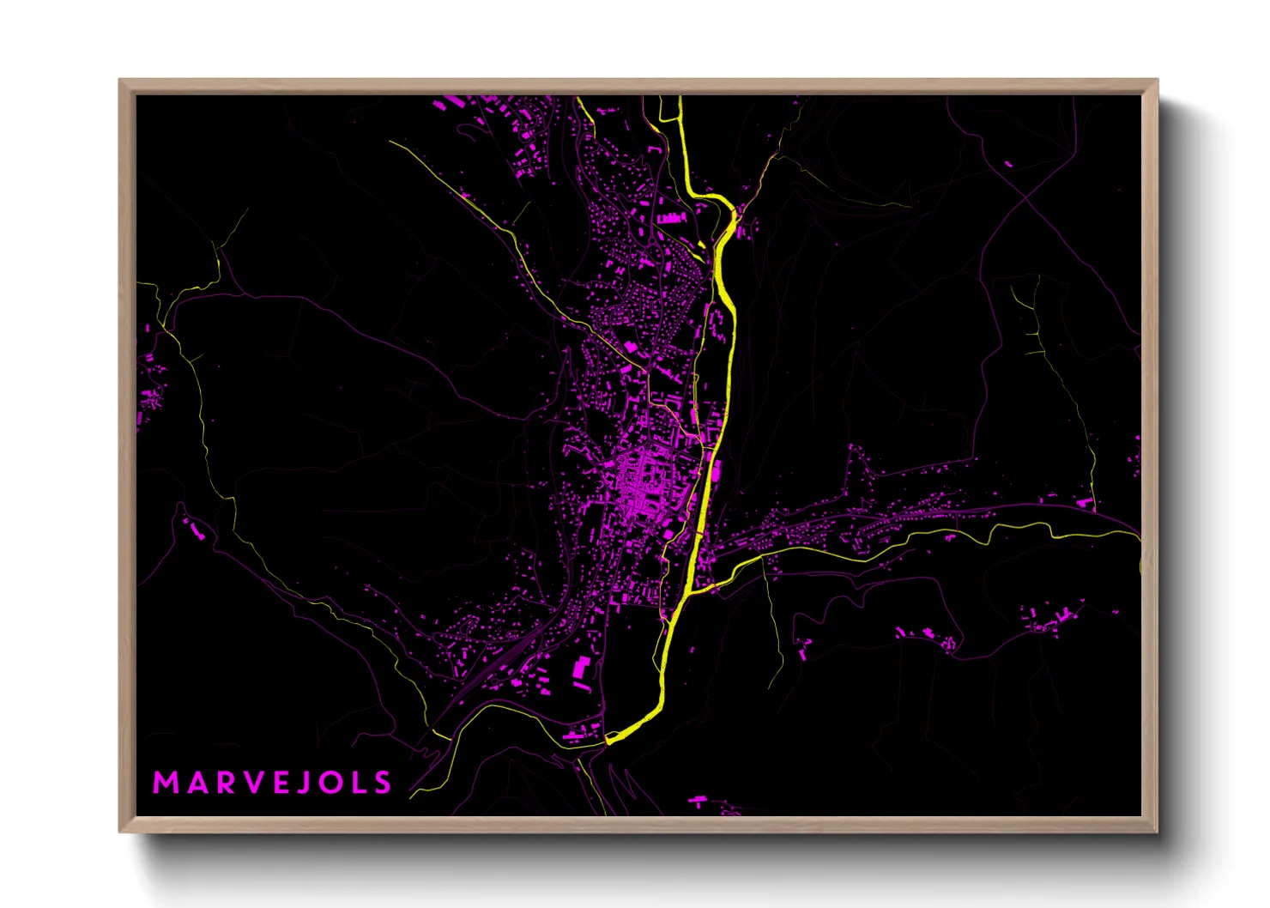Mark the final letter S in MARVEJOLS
[383, 783]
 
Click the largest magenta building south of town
[581, 666]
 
